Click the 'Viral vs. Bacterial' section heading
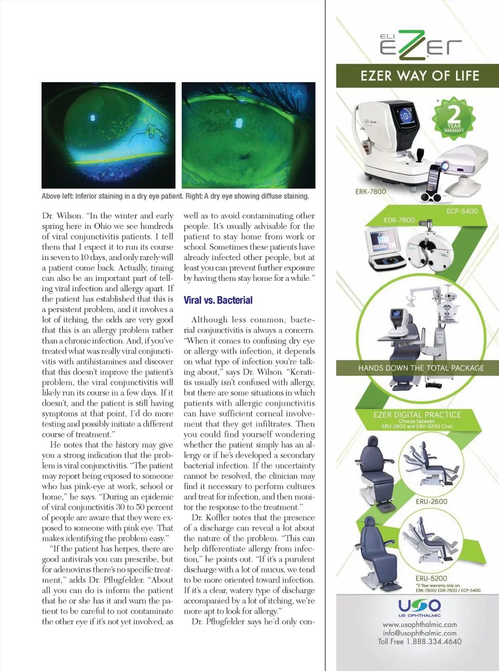point(218,300)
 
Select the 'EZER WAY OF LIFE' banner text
point(420,76)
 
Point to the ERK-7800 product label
point(370,192)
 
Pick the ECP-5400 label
point(462,211)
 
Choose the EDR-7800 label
point(399,220)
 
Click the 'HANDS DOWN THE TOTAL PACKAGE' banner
point(421,368)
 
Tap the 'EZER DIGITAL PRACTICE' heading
point(417,415)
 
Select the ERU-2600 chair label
point(431,501)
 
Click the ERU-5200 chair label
point(431,578)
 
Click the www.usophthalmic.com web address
point(420,625)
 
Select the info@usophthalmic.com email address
point(420,633)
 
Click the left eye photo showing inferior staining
point(108,135)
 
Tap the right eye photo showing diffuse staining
point(249,135)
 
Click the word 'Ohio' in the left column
point(102,226)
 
